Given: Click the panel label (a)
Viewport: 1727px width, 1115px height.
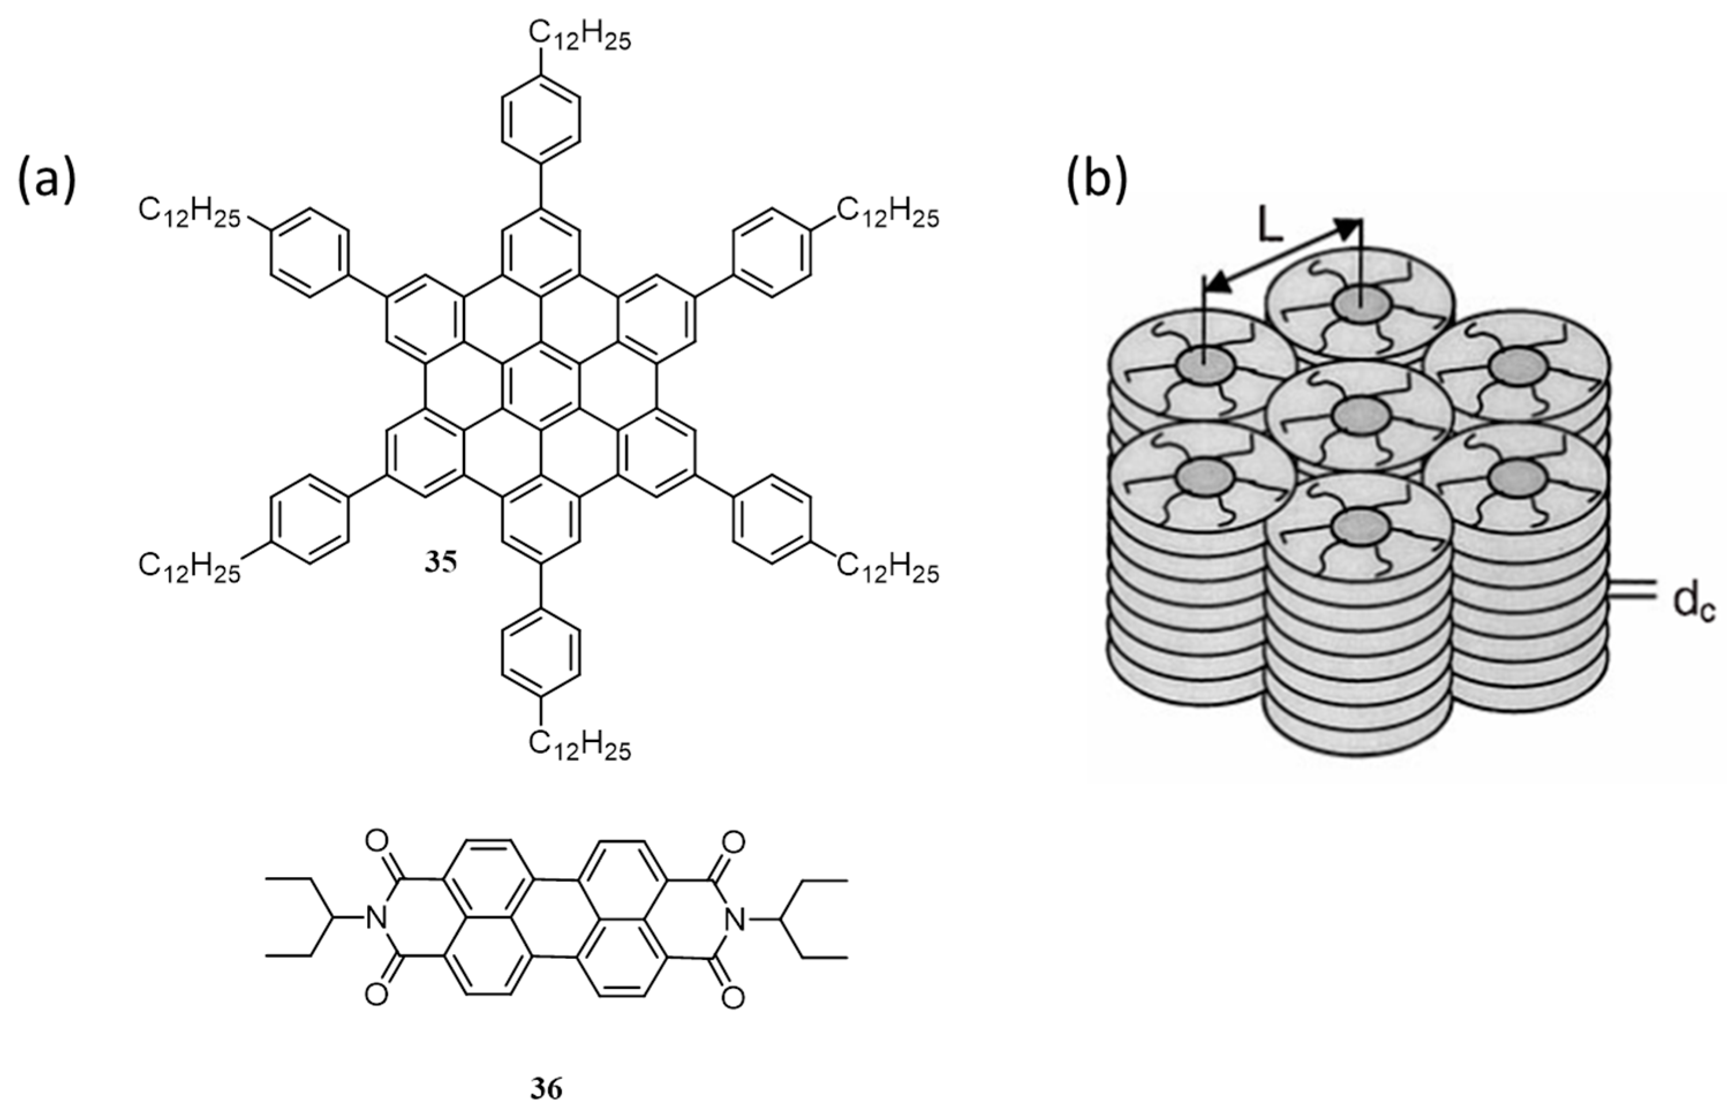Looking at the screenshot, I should (46, 183).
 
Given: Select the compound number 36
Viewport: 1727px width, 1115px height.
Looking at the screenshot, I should (546, 1088).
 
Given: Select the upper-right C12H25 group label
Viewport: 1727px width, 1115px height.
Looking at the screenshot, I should (888, 216).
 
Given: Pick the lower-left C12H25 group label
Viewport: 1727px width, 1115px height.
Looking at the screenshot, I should (190, 570).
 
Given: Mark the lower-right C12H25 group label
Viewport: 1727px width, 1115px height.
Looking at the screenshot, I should (888, 570).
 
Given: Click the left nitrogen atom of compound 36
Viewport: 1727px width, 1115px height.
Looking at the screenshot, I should (375, 920).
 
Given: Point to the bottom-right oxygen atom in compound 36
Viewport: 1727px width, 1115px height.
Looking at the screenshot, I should (733, 997).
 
